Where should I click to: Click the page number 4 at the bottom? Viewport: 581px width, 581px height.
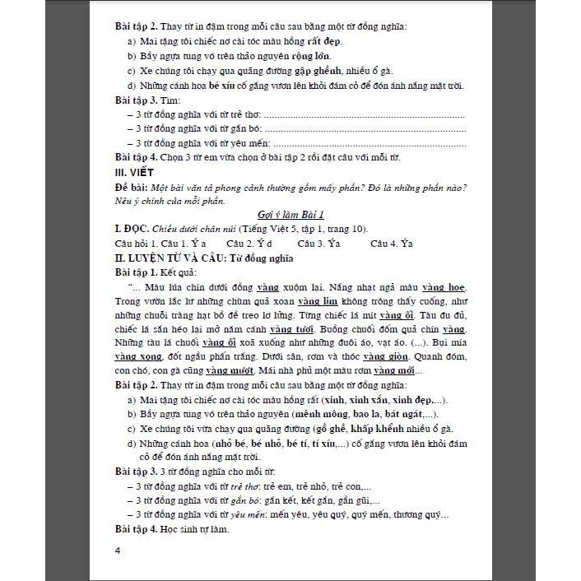pos(119,551)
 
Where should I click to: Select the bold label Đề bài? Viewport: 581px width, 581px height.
pos(132,187)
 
